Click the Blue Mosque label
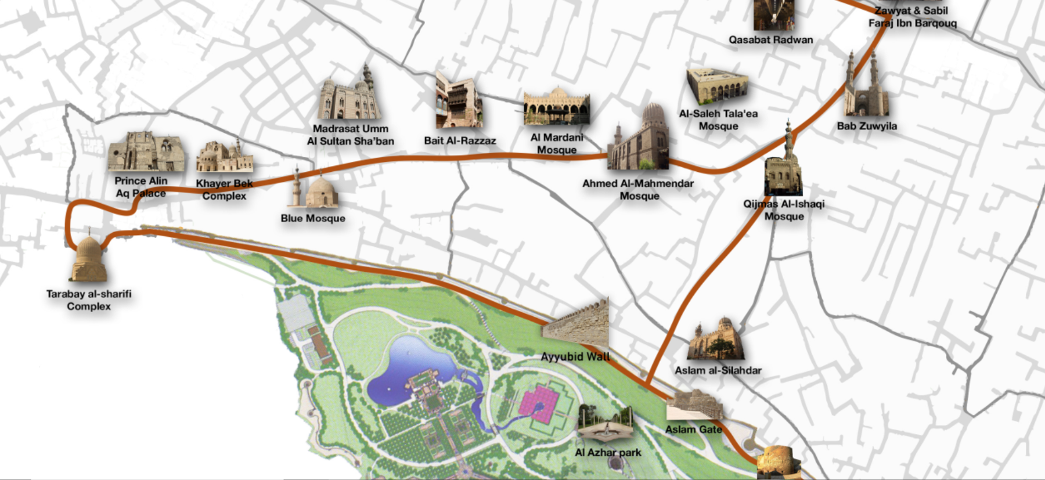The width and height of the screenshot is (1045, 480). (x=313, y=218)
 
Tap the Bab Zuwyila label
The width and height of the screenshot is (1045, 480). (x=867, y=126)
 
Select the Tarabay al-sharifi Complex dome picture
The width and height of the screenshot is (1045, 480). (x=88, y=259)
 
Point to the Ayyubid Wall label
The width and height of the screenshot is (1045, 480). (x=575, y=356)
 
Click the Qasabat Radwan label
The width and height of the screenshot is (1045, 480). (x=770, y=40)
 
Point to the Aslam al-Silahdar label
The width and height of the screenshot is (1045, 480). (x=718, y=370)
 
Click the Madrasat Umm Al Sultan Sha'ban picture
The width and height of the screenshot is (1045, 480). (x=349, y=96)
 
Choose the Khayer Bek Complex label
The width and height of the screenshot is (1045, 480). (x=224, y=190)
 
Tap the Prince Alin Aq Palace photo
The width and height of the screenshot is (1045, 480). (x=146, y=152)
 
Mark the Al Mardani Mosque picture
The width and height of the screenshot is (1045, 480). (x=556, y=107)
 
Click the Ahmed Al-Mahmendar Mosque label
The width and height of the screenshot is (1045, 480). (x=638, y=190)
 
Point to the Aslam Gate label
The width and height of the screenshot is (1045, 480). (x=693, y=430)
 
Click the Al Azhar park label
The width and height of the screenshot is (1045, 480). (x=608, y=452)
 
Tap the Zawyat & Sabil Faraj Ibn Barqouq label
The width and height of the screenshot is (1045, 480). (x=912, y=17)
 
